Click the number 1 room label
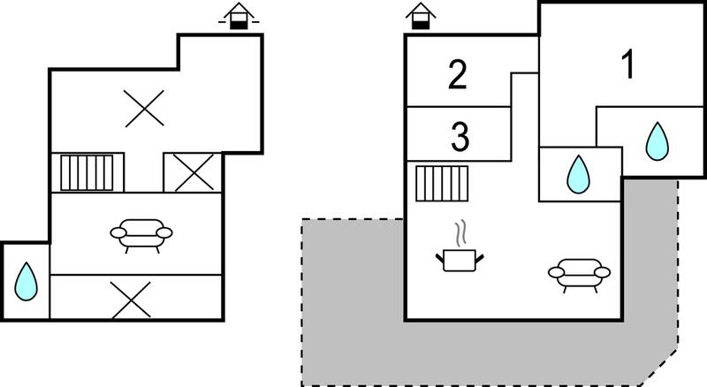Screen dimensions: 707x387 (628, 64)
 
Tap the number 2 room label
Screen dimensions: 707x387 (458, 74)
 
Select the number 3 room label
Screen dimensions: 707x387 (460, 136)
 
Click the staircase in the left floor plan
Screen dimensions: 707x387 (87, 173)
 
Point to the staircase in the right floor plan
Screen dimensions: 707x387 (442, 184)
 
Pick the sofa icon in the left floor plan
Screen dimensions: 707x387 (141, 236)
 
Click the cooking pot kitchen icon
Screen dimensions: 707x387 (460, 261)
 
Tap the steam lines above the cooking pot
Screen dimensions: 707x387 (460, 233)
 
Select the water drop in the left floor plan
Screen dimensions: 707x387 (26, 282)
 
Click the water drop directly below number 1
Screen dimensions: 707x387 (657, 141)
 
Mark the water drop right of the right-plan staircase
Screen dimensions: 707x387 (578, 175)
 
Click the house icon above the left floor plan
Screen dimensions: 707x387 (239, 16)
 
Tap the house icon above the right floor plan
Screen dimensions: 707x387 (421, 16)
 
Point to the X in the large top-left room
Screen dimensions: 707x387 (144, 109)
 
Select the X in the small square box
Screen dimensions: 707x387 (194, 172)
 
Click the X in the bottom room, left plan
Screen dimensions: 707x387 (131, 300)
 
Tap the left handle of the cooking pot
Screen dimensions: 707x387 (439, 259)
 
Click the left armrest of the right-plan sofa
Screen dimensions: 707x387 (557, 272)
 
